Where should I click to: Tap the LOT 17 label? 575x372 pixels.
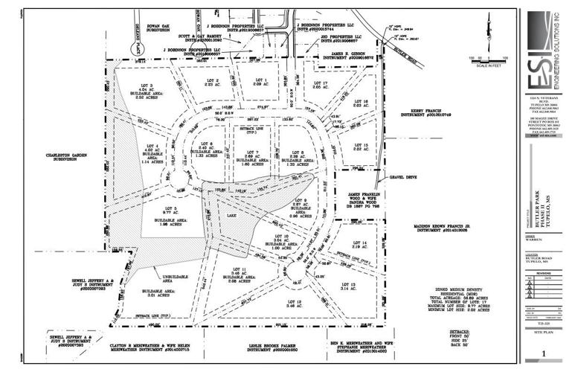click(321, 83)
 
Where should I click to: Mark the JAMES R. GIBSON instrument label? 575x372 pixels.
click(345, 56)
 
